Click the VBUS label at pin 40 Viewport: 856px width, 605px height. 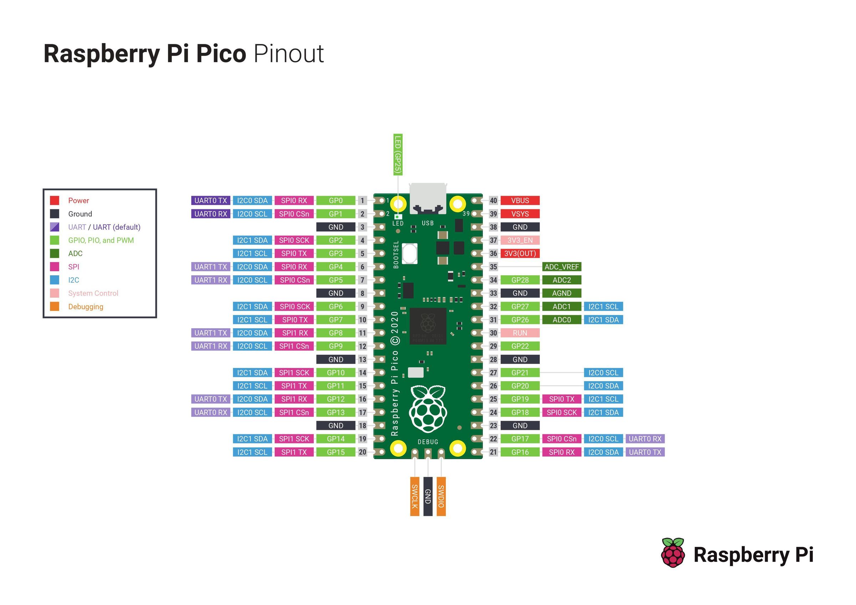click(520, 201)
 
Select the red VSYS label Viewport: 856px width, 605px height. click(520, 214)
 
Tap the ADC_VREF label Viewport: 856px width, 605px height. click(561, 267)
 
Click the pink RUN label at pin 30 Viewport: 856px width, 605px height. click(520, 333)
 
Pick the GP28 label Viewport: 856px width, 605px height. click(520, 280)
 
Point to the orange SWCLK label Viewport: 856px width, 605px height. click(414, 496)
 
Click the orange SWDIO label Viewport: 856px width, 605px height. click(441, 496)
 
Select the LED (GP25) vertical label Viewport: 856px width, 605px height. click(398, 155)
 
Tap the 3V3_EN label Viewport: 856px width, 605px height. click(520, 240)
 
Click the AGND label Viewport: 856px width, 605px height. click(561, 293)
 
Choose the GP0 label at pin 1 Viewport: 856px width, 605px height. click(336, 201)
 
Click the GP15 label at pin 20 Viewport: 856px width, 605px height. click(336, 452)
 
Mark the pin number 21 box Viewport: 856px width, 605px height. click(493, 452)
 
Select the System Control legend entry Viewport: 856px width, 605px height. click(93, 293)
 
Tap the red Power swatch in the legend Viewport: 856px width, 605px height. click(55, 201)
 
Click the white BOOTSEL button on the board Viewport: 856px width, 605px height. click(409, 253)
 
